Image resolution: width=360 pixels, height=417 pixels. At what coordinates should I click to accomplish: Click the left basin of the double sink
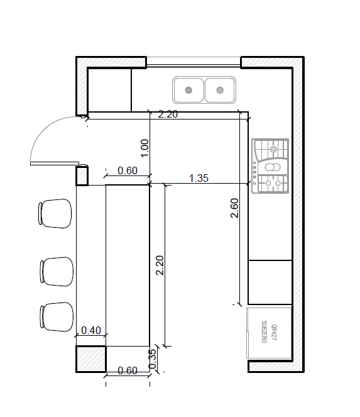coord(188,90)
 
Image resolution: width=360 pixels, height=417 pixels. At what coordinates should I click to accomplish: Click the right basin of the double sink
coord(220,90)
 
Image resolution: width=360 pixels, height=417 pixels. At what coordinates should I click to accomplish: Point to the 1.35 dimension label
coord(199,178)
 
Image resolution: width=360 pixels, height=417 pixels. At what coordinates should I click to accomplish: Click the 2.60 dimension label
coord(234,208)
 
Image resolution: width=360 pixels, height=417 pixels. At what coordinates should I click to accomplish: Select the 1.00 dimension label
coord(145,148)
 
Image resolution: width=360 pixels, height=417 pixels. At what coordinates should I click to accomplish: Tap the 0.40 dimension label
coord(91,330)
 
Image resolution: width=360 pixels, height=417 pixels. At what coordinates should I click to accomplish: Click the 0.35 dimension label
coord(152,359)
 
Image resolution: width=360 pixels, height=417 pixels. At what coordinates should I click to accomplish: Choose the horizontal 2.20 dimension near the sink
coord(168,114)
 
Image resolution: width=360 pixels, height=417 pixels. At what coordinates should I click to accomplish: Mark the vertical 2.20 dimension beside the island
coord(160,265)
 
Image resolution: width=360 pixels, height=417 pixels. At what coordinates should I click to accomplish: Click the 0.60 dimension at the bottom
coord(128,370)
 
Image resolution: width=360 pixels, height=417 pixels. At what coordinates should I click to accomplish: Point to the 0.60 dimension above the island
coord(128,170)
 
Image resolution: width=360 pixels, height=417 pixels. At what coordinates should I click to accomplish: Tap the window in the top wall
coord(194,61)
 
